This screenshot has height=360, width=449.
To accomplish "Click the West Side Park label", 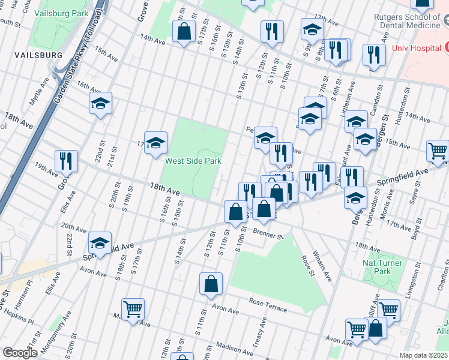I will (x=193, y=161).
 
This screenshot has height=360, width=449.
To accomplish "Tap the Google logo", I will (x=20, y=353).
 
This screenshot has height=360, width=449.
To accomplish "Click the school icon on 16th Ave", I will (x=101, y=103).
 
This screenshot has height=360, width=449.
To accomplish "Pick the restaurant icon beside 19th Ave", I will (x=66, y=160).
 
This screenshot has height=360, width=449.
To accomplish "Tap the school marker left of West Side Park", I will (x=155, y=142).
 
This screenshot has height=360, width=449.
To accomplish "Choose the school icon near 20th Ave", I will (x=100, y=242).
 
